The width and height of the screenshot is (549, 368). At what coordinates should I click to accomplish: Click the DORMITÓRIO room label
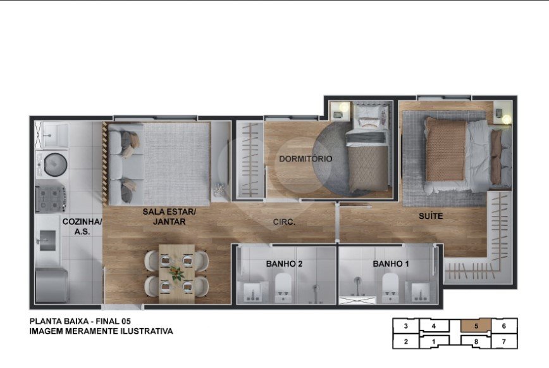[x=305, y=159]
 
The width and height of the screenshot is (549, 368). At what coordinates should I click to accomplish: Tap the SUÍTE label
[x=431, y=216]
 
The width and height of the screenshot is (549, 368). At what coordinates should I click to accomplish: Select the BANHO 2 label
[x=284, y=263]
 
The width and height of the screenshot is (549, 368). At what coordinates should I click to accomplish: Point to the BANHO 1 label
[x=391, y=263]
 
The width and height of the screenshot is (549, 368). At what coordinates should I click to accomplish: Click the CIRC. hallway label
[x=284, y=222]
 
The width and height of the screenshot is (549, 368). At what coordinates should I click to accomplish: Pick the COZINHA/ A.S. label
[x=82, y=226]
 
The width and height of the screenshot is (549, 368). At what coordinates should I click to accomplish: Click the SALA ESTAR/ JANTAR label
[x=169, y=217]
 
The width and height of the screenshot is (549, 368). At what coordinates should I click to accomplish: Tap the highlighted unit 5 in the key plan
[x=476, y=326]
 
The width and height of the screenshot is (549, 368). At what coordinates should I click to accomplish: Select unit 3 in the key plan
[x=406, y=326]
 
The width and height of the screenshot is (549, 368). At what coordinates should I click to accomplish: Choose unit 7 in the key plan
[x=504, y=341]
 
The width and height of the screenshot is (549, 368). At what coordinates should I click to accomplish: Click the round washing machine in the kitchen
[x=55, y=164]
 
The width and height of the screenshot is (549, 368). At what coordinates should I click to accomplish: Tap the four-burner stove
[x=51, y=199]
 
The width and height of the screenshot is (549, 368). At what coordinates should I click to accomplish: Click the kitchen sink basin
[x=47, y=241]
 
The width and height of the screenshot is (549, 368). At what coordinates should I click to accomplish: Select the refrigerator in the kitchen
[x=52, y=285]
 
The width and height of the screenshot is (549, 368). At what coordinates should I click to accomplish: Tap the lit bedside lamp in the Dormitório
[x=345, y=107]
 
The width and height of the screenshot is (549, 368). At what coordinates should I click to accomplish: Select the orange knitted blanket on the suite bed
[x=446, y=149]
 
